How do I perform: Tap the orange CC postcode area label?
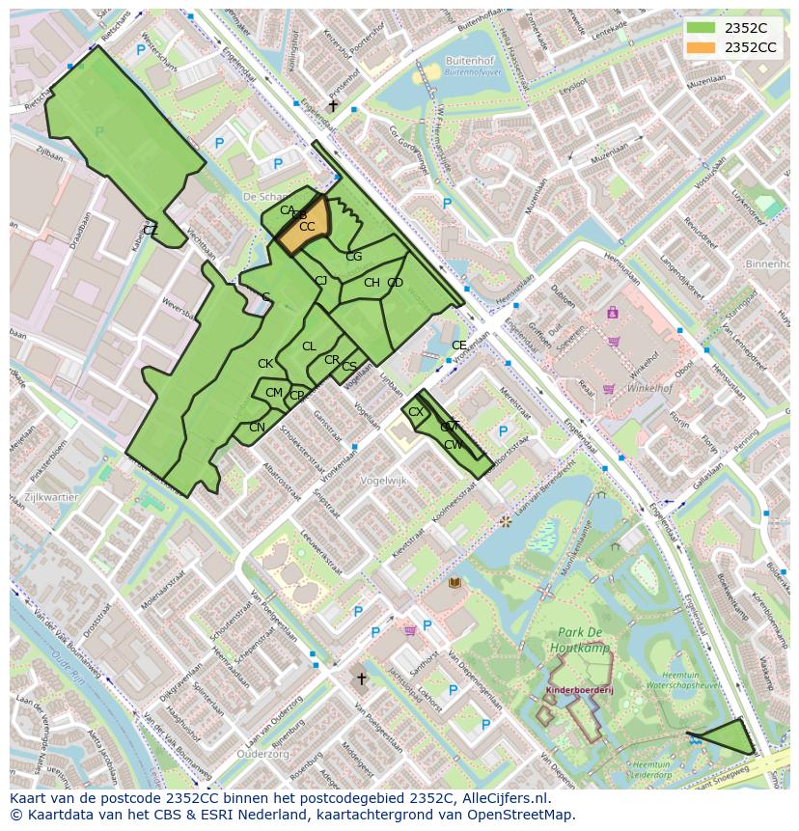pyautogui.click(x=307, y=227)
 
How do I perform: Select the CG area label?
pyautogui.click(x=354, y=257)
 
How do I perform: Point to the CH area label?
pyautogui.click(x=372, y=283)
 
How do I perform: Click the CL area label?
pyautogui.click(x=309, y=346)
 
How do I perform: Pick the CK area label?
pyautogui.click(x=265, y=364)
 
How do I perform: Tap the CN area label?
pyautogui.click(x=257, y=428)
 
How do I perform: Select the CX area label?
pyautogui.click(x=416, y=412)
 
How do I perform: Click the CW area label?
pyautogui.click(x=453, y=445)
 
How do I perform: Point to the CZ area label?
pyautogui.click(x=151, y=230)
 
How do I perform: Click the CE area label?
pyautogui.click(x=459, y=346)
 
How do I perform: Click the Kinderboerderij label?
pyautogui.click(x=580, y=691)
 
